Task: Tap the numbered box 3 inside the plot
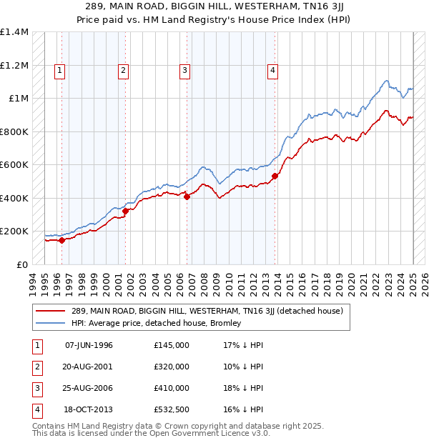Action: click(x=184, y=70)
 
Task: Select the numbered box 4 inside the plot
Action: click(x=273, y=70)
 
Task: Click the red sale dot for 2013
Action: click(x=275, y=176)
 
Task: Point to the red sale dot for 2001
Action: click(x=125, y=211)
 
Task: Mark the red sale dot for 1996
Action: click(x=61, y=240)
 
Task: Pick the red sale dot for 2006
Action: click(x=187, y=196)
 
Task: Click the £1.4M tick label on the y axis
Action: click(x=14, y=32)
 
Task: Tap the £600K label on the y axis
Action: click(x=14, y=165)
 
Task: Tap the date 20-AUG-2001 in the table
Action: click(x=89, y=367)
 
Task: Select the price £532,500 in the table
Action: click(x=171, y=409)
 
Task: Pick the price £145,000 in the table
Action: click(x=171, y=345)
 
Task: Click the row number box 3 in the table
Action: click(x=36, y=388)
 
